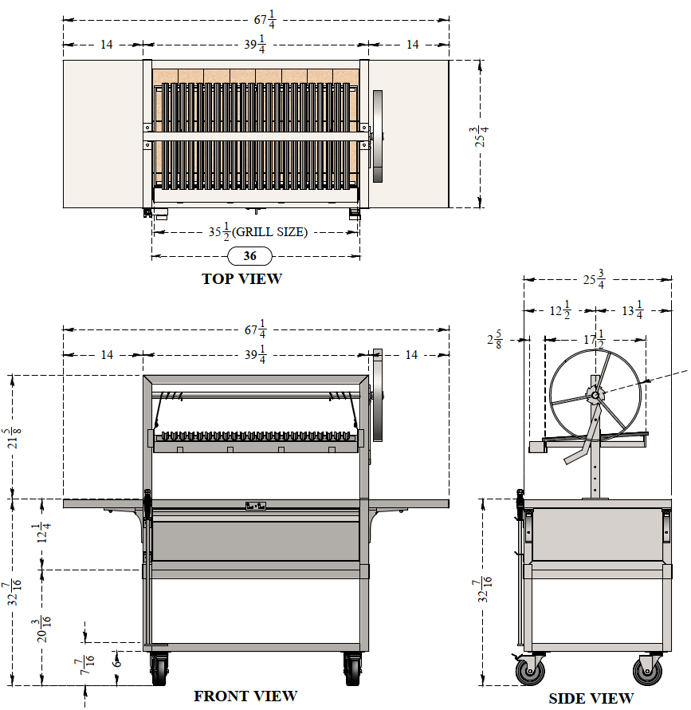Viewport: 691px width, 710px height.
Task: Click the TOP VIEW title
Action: pyautogui.click(x=241, y=278)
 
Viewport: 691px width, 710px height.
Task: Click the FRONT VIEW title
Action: pyautogui.click(x=245, y=696)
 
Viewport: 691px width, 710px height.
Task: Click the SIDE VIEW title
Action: pyautogui.click(x=591, y=698)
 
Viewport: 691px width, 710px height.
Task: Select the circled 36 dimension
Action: pyautogui.click(x=249, y=256)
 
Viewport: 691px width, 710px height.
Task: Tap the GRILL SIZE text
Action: pyautogui.click(x=269, y=232)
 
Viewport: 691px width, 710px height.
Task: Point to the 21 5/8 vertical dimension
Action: pyautogui.click(x=14, y=437)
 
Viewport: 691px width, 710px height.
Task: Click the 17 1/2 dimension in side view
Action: pyautogui.click(x=594, y=339)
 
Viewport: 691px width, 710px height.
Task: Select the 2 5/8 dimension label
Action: pyautogui.click(x=494, y=339)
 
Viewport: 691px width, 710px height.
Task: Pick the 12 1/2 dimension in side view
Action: pyautogui.click(x=559, y=310)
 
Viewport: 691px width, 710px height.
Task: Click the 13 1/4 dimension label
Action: pyautogui.click(x=632, y=310)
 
